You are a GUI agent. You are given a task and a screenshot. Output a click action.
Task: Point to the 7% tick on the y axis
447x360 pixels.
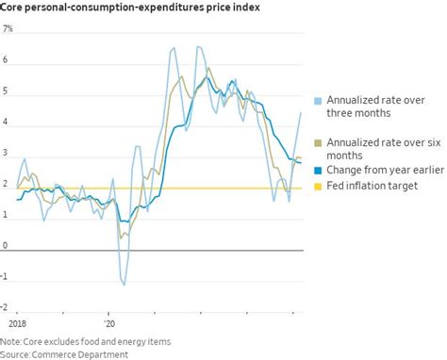click(x=8, y=29)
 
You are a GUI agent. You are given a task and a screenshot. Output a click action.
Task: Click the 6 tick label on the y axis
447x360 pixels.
click(x=6, y=60)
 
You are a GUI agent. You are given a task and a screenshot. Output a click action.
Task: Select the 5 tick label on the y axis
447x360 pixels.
click(x=6, y=91)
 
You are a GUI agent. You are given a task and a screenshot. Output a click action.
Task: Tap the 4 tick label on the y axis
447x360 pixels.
click(x=6, y=123)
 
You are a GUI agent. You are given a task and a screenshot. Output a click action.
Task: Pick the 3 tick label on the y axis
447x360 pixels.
click(x=6, y=154)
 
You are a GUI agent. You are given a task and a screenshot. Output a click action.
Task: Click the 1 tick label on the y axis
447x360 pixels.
click(x=6, y=216)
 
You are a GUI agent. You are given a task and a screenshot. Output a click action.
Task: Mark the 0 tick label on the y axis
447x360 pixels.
click(x=6, y=247)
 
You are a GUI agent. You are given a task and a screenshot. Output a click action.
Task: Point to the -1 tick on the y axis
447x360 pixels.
click(x=7, y=277)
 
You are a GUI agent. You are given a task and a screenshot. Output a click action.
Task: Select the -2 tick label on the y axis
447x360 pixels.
click(x=7, y=308)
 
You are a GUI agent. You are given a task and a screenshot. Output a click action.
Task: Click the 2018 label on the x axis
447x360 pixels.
click(x=12, y=320)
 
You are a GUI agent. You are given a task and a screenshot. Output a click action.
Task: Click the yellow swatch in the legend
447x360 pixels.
click(x=319, y=186)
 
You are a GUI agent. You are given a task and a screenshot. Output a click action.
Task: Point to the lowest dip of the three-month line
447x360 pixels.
click(x=123, y=283)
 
